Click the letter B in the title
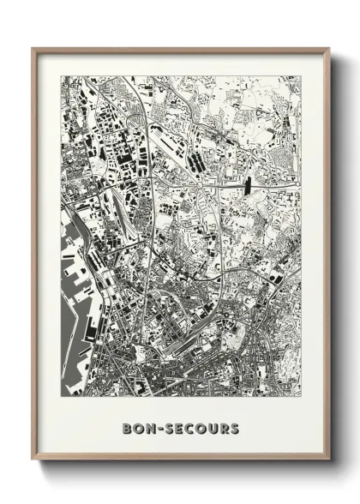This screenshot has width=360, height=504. pos(127,427)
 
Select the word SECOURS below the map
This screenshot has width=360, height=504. pos(202,427)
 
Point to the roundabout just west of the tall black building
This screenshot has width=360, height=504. pos(199,182)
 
